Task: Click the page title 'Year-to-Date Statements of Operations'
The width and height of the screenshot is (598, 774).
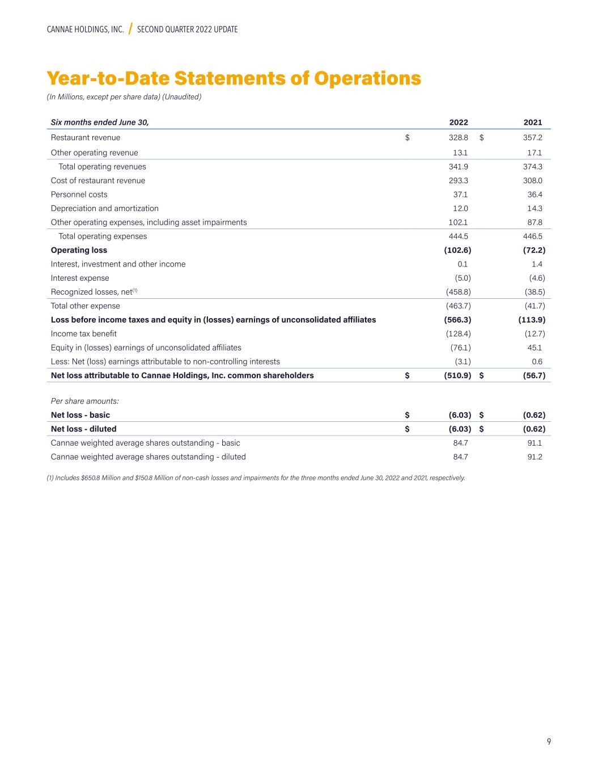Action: pyautogui.click(x=234, y=78)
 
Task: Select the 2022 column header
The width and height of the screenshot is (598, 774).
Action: pyautogui.click(x=459, y=122)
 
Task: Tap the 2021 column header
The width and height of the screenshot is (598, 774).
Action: pyautogui.click(x=533, y=122)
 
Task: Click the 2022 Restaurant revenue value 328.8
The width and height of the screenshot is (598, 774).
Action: pyautogui.click(x=459, y=138)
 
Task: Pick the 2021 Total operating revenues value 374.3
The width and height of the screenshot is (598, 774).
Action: pyautogui.click(x=533, y=167)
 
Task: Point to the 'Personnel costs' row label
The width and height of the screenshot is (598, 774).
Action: pyautogui.click(x=79, y=194)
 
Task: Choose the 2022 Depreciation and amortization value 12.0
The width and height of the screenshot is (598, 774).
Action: pyautogui.click(x=460, y=209)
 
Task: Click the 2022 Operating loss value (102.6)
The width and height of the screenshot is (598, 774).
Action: pyautogui.click(x=457, y=250)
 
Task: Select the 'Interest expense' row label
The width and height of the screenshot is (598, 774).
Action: pyautogui.click(x=80, y=278)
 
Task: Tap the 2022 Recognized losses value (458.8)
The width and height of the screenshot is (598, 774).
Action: pyautogui.click(x=458, y=292)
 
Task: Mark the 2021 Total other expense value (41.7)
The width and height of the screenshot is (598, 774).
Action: pyautogui.click(x=535, y=306)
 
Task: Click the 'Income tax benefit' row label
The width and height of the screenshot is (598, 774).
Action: pyautogui.click(x=84, y=334)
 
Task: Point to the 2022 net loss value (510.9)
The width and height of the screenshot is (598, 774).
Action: pyautogui.click(x=457, y=375)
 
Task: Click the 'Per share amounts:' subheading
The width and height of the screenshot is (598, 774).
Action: pyautogui.click(x=85, y=401)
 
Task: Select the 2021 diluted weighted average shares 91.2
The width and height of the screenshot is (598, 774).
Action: pyautogui.click(x=533, y=457)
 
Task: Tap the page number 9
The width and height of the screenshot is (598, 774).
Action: pyautogui.click(x=549, y=742)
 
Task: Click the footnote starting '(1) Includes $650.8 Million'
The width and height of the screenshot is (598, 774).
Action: pyautogui.click(x=256, y=478)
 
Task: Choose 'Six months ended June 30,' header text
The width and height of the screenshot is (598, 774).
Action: pyautogui.click(x=100, y=122)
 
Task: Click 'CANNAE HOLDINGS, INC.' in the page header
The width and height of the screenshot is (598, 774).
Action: pyautogui.click(x=85, y=29)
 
